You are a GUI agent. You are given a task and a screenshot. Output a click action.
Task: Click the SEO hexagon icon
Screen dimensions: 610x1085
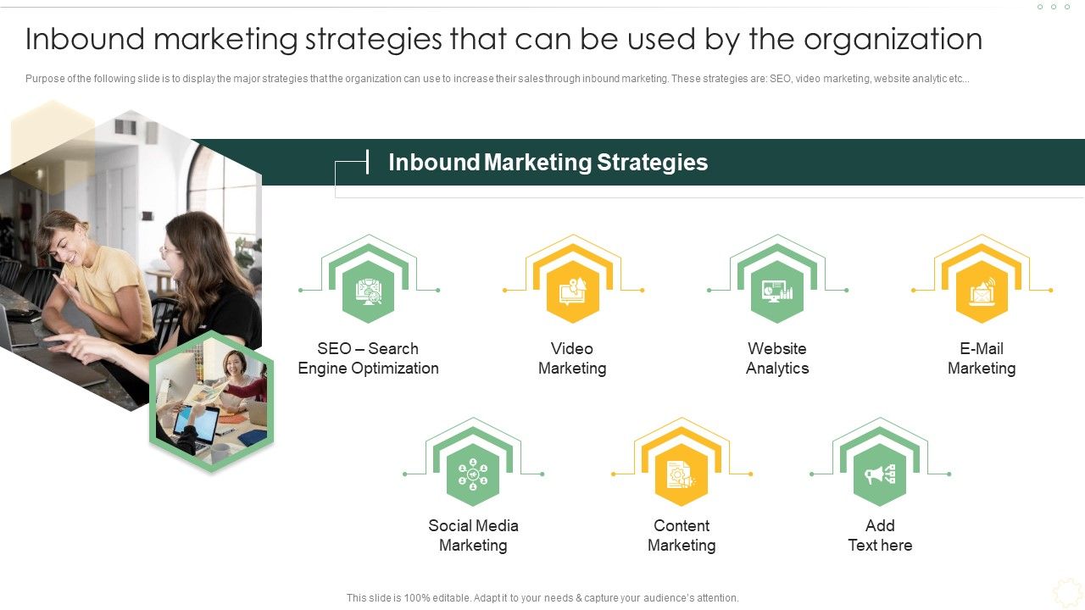click(x=369, y=291)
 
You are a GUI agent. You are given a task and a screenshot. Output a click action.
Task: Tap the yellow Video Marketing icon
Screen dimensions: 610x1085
click(x=573, y=291)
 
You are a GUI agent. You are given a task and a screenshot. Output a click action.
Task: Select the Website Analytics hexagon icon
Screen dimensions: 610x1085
click(x=777, y=291)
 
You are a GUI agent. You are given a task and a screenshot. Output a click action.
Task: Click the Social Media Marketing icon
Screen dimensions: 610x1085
click(x=473, y=474)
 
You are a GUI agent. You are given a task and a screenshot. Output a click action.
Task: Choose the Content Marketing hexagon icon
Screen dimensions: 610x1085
click(x=682, y=474)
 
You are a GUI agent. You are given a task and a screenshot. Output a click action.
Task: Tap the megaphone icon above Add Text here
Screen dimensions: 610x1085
click(x=880, y=474)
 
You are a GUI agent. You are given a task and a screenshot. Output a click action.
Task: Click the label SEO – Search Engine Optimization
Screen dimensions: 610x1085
click(x=369, y=358)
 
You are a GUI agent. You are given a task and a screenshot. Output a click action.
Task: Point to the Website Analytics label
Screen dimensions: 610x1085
click(x=777, y=358)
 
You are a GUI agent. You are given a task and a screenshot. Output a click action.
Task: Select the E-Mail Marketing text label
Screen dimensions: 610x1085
click(x=982, y=358)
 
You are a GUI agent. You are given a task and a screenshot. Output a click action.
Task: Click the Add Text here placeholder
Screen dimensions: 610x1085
click(x=880, y=535)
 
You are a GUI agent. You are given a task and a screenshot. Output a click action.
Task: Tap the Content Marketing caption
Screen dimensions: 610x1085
click(x=682, y=535)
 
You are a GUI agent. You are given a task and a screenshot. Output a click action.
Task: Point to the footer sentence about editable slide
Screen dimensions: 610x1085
click(x=542, y=598)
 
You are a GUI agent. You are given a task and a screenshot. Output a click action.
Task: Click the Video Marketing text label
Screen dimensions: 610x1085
click(x=573, y=358)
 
